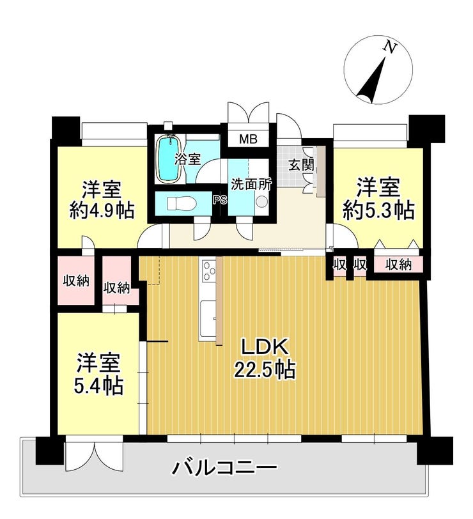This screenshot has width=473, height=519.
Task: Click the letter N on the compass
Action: [x=390, y=48]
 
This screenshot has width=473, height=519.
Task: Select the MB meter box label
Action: [x=249, y=139]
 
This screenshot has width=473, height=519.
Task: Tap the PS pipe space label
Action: [x=220, y=199]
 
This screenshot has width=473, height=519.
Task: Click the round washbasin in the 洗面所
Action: [x=262, y=201]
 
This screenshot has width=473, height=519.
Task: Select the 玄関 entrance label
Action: [x=300, y=164]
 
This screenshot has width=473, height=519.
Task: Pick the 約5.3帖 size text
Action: [x=378, y=210]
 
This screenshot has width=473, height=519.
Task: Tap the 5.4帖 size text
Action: [x=98, y=385]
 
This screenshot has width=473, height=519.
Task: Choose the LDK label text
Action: [x=265, y=347]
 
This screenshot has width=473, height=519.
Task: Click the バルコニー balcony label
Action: [x=224, y=469]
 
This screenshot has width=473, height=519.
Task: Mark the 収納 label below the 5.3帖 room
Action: [x=399, y=264]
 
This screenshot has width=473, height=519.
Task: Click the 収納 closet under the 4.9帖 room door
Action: [x=76, y=281]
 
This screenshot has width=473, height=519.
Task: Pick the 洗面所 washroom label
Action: [x=251, y=184]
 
